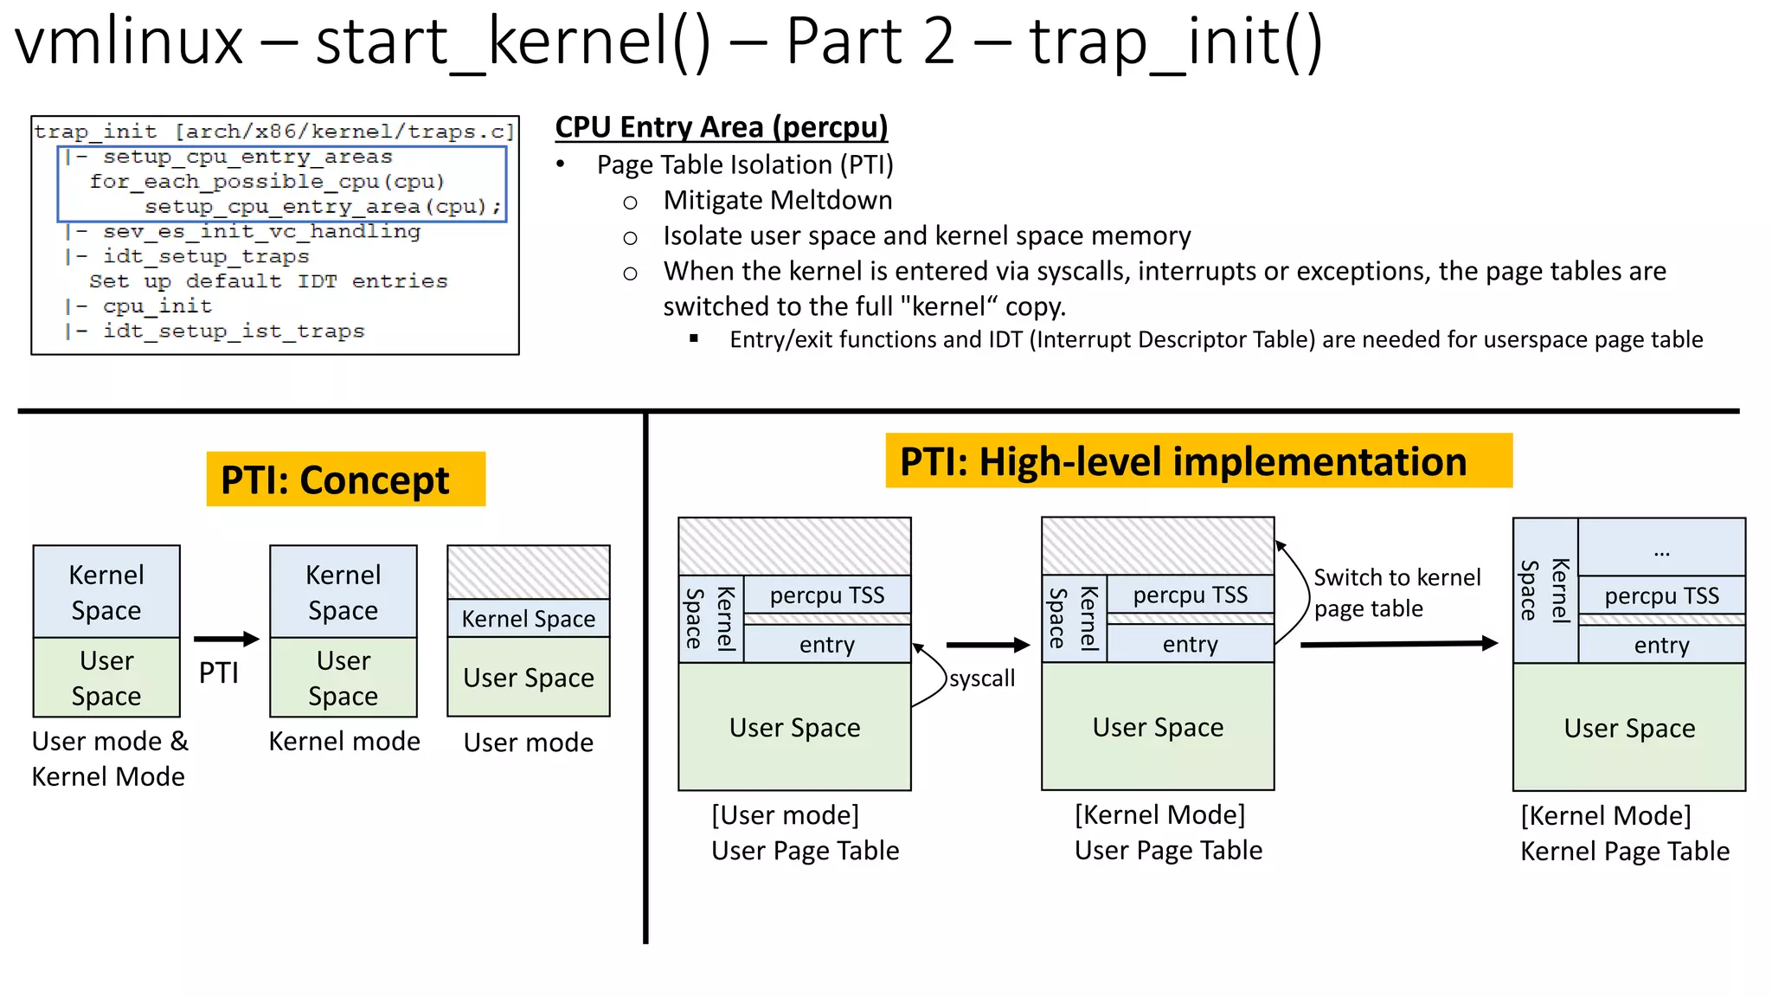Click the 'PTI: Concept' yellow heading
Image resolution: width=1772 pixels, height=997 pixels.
point(345,479)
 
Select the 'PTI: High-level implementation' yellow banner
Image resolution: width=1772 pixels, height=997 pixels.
point(1198,461)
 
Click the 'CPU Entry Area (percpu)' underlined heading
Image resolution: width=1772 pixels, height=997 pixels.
point(721,127)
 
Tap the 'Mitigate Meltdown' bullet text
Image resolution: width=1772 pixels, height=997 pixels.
point(777,200)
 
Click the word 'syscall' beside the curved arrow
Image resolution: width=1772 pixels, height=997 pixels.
point(981,679)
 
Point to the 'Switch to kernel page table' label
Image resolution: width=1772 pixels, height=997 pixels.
point(1396,593)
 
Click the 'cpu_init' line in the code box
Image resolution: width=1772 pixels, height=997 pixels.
point(157,306)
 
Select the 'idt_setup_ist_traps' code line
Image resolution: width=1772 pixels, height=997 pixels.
point(233,331)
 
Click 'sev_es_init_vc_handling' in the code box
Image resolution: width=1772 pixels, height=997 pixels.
point(260,231)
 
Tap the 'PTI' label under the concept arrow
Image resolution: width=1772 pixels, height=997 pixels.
point(218,672)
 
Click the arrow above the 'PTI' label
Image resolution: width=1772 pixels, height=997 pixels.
point(226,640)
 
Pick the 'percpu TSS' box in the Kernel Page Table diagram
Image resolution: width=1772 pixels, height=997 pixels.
point(1660,595)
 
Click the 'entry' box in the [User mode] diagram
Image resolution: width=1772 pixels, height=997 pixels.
point(826,645)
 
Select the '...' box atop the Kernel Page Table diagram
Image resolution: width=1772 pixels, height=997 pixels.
point(1660,549)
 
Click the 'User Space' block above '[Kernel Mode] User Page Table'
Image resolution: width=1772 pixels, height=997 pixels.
point(1158,727)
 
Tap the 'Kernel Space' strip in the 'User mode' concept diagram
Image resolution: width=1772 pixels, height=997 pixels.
point(528,619)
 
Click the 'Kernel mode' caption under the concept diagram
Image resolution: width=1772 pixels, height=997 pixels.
point(344,741)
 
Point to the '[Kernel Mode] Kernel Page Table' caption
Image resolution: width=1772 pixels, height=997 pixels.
point(1624,833)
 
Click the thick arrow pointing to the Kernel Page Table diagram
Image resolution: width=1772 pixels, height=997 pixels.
point(1397,644)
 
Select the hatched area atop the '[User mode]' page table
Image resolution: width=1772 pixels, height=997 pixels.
point(794,546)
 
